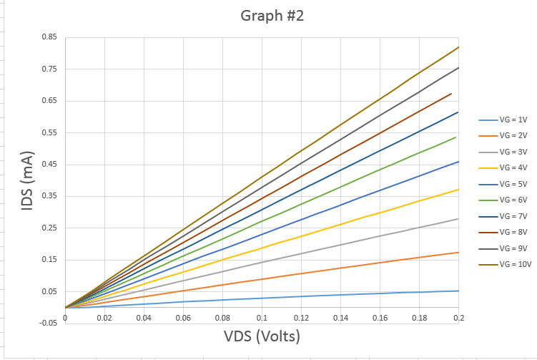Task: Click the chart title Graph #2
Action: (x=262, y=16)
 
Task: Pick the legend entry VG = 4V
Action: (x=513, y=168)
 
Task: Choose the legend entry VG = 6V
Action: (x=513, y=200)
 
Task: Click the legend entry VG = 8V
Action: (x=513, y=232)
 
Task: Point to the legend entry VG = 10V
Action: (x=514, y=264)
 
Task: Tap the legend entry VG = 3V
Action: (x=513, y=152)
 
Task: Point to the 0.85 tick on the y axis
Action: (x=50, y=38)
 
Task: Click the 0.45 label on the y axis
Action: (x=50, y=165)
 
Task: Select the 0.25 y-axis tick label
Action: (x=50, y=228)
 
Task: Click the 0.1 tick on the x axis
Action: (x=262, y=317)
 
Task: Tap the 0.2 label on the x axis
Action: (x=458, y=317)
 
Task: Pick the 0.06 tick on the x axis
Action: (x=183, y=317)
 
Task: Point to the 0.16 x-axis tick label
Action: (x=380, y=317)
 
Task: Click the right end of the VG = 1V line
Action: (x=458, y=291)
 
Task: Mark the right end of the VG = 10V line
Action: (x=458, y=47)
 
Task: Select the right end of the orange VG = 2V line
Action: (x=458, y=252)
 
